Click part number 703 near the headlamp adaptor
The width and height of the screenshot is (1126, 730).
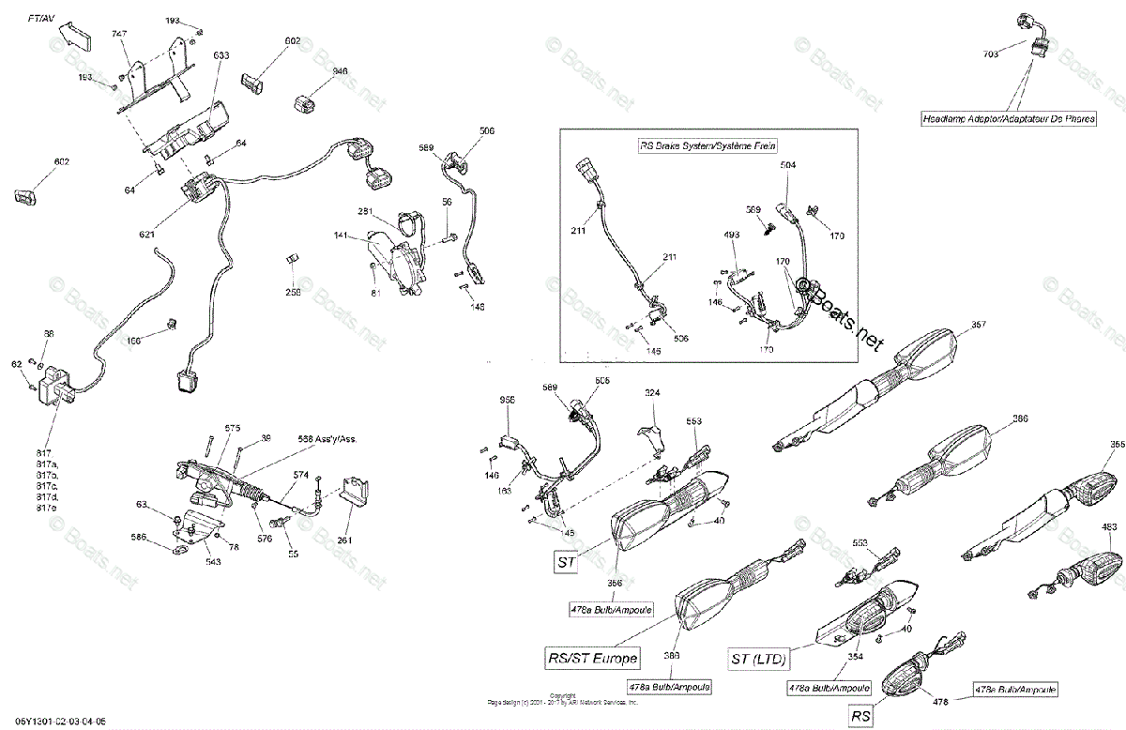point(990,54)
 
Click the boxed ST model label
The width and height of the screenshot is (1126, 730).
point(565,563)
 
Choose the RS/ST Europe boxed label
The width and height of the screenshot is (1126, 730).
point(592,657)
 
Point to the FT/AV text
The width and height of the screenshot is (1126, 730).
point(40,19)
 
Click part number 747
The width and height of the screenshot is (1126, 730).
point(118,33)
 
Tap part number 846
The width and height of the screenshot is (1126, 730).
point(312,71)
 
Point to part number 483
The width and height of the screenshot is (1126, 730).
point(1109,527)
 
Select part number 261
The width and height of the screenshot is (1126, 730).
point(345,540)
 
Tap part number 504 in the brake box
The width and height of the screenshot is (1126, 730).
point(787,164)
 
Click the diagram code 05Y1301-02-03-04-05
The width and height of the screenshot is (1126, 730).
point(53,722)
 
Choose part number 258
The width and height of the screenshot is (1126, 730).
point(294,293)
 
